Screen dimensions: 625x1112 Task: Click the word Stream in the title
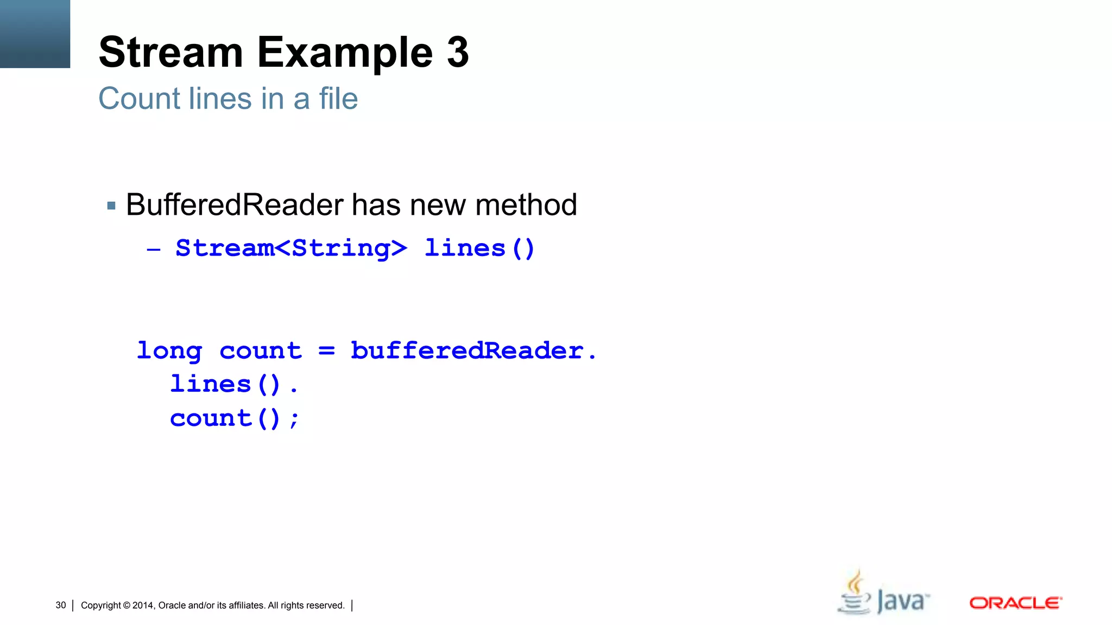point(170,53)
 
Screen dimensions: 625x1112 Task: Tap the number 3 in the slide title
point(458,53)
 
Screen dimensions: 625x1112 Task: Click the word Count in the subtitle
point(139,99)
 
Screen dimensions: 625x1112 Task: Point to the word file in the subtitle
point(338,99)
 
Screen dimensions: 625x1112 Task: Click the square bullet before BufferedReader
point(111,206)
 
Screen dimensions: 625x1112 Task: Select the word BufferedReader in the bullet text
point(235,205)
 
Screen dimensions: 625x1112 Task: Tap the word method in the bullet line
point(526,205)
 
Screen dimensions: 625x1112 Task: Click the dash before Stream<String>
point(154,250)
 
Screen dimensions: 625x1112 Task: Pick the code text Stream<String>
point(291,248)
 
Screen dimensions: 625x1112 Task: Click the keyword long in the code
point(169,351)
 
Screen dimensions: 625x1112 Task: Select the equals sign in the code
point(326,351)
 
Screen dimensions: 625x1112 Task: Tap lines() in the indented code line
point(225,384)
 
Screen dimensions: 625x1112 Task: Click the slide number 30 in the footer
point(61,605)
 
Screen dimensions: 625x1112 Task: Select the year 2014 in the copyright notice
point(143,605)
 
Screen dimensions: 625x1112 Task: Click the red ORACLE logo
point(1015,603)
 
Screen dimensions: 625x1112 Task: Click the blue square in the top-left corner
point(35,34)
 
